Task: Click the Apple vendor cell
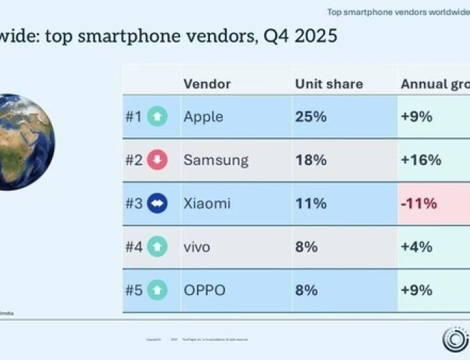203,116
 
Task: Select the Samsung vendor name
215,160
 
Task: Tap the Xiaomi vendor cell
207,203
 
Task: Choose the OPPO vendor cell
204,290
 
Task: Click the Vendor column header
207,84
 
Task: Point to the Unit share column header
328,84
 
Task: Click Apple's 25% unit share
311,116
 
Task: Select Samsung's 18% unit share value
311,160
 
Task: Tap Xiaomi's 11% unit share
310,203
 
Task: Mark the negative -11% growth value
419,203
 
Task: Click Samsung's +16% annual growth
421,160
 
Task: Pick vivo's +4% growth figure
416,247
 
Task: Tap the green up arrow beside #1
157,116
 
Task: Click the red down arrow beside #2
157,160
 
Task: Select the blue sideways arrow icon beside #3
157,203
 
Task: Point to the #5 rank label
133,290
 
